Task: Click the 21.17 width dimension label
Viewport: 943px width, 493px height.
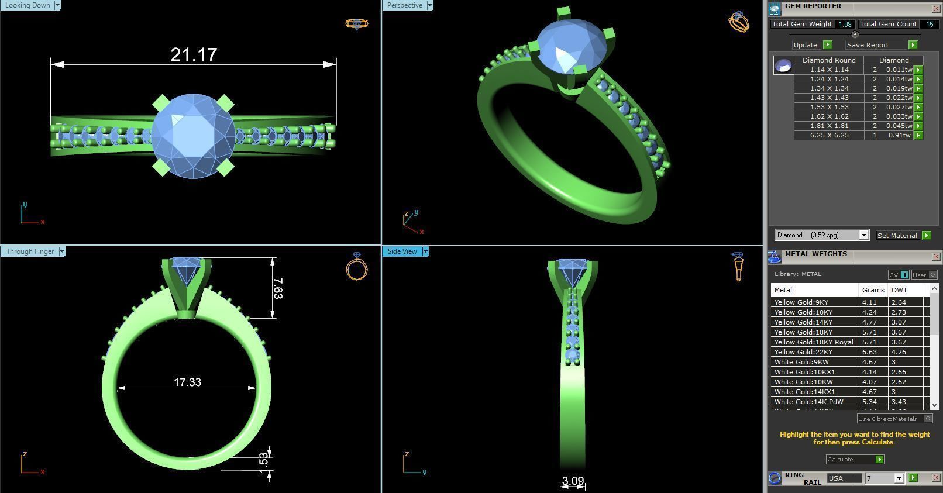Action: click(194, 55)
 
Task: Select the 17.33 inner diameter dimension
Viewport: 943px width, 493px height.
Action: click(187, 382)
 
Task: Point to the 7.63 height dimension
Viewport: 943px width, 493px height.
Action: click(278, 288)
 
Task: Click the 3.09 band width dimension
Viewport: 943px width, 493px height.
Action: click(573, 481)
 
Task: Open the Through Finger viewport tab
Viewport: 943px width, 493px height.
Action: click(30, 251)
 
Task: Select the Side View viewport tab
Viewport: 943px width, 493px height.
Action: click(402, 251)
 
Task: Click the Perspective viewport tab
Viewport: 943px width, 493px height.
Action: click(404, 5)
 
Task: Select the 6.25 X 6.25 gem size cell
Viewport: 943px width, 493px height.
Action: click(829, 135)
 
